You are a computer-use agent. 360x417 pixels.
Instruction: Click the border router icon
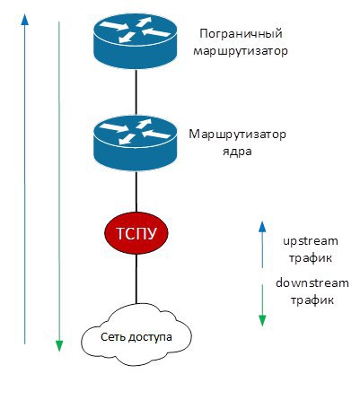135,41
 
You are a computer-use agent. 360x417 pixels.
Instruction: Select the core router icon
135,143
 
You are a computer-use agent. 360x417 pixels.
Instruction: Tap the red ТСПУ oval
136,233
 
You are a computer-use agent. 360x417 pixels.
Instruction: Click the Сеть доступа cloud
136,337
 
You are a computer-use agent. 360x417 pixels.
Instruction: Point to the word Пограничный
241,34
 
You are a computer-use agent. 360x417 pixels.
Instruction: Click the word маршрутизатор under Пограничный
241,51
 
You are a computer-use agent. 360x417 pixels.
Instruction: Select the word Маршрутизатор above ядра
238,135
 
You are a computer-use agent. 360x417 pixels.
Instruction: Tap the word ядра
237,152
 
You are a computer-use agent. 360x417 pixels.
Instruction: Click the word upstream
311,241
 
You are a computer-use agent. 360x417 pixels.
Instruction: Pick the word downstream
312,282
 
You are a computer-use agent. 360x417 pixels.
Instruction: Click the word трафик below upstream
311,257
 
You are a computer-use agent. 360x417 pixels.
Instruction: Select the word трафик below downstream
312,300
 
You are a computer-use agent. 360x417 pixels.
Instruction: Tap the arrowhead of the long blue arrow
25,20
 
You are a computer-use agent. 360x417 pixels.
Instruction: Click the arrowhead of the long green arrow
59,346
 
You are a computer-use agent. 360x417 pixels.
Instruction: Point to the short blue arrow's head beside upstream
262,227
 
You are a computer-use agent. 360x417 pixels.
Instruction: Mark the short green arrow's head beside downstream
262,321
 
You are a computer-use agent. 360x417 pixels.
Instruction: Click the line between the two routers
136,92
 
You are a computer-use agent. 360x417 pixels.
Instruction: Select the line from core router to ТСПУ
136,192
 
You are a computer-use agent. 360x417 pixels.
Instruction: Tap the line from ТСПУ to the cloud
136,279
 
